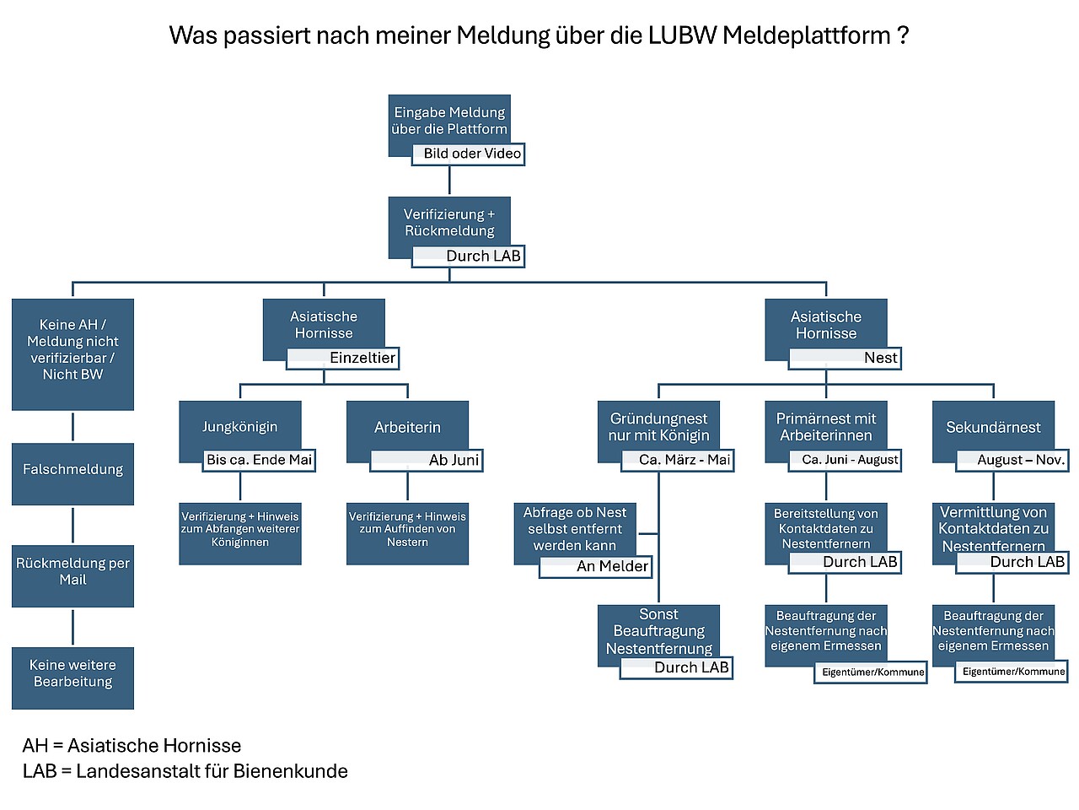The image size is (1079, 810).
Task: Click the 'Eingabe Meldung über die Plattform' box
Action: pyautogui.click(x=449, y=121)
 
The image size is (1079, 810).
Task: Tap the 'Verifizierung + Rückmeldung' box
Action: pyautogui.click(x=449, y=223)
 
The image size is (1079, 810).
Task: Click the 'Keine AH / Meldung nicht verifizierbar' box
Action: pyautogui.click(x=72, y=350)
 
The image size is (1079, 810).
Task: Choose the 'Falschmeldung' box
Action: pyautogui.click(x=72, y=470)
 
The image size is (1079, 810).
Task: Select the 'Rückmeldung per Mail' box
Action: pyautogui.click(x=72, y=572)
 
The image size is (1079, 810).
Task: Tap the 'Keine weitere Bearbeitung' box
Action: pyautogui.click(x=72, y=674)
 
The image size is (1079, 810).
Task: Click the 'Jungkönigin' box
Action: pyautogui.click(x=239, y=427)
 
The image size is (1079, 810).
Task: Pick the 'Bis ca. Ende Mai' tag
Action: pyautogui.click(x=259, y=460)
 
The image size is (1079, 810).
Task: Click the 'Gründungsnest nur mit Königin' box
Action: pyautogui.click(x=658, y=427)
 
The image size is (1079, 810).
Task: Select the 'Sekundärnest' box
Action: pyautogui.click(x=993, y=427)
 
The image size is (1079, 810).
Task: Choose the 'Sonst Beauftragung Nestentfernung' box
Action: pyautogui.click(x=658, y=631)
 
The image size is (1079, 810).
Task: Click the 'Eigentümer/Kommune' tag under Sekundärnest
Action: pyautogui.click(x=1012, y=672)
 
